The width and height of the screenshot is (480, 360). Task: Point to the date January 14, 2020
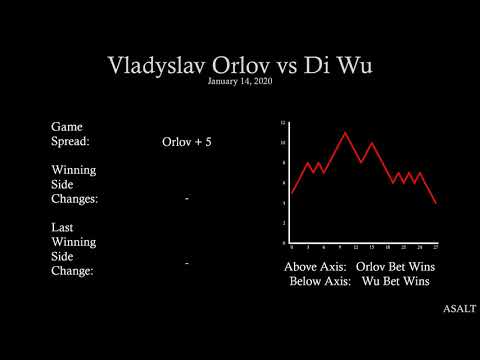[240, 81]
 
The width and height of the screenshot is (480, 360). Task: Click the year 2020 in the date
[262, 81]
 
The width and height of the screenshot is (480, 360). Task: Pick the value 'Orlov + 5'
[187, 142]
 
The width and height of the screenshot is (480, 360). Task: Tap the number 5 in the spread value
[208, 142]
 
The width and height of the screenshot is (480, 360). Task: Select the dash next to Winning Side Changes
[187, 200]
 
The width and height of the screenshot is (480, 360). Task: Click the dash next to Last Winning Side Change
[187, 262]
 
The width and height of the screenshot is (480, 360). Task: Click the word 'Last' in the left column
[62, 227]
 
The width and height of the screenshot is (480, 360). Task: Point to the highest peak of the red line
[345, 132]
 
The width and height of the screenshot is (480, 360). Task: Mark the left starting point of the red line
[291, 193]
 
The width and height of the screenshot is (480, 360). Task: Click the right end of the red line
[436, 203]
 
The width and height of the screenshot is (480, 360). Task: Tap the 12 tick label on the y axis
[283, 123]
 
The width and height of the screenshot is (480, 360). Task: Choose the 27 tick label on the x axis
[436, 246]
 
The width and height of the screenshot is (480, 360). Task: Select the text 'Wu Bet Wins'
[395, 281]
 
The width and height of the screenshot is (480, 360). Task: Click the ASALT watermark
[459, 309]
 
